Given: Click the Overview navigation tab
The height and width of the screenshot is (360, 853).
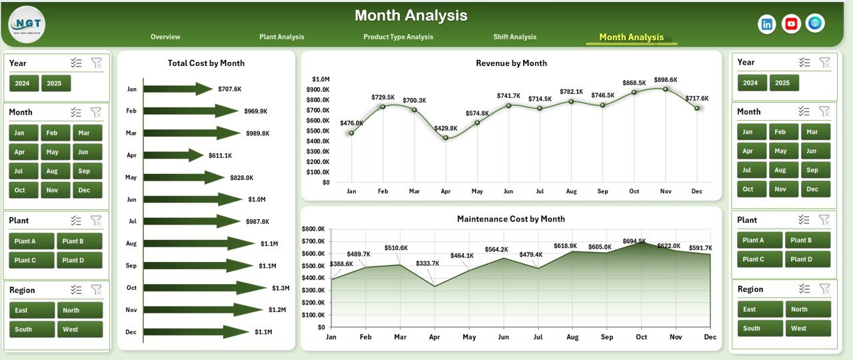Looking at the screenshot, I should coord(165,37).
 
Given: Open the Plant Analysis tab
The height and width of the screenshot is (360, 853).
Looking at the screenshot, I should coord(281,37).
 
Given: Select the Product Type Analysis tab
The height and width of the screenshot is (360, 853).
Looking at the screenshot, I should coord(398,37).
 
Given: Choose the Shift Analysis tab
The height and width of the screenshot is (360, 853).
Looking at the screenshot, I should coord(514,37).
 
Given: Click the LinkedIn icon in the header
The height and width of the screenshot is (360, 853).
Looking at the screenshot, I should coord(767,24).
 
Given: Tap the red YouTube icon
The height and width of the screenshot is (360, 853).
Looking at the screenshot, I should coord(791,24).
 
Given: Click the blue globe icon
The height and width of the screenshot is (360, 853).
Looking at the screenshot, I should coord(814,23).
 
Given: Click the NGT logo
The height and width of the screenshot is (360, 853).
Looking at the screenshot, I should coord(27,24).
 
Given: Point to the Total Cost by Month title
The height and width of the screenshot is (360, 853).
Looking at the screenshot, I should coord(206,63).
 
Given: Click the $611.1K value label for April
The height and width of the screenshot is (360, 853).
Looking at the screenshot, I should coord(219,155).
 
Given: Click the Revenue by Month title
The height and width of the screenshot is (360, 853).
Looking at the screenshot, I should coord(511,63).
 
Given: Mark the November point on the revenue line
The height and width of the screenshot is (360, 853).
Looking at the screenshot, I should coord(665,89).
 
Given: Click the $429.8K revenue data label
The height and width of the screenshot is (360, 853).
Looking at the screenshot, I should coord(445,128).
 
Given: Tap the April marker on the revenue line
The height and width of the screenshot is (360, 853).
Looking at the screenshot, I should coord(446,138).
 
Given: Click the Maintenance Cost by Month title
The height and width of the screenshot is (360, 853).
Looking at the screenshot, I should coord(510,219).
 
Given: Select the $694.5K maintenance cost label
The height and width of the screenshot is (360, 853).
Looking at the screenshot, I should coord(634,241).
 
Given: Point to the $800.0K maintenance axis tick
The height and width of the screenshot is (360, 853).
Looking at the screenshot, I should coord(313,229).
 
